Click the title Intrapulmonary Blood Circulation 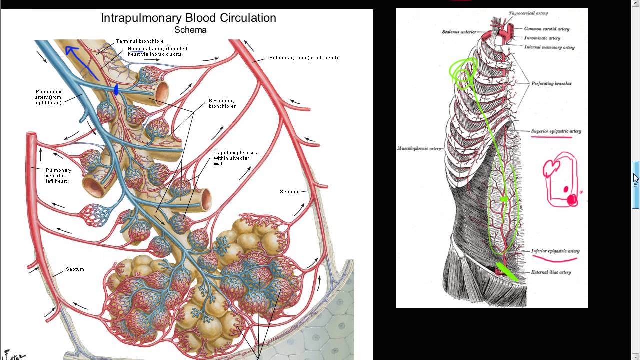point(188,18)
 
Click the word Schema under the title point(190,30)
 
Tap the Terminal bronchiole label point(140,41)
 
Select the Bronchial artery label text point(157,51)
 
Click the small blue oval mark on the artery point(116,90)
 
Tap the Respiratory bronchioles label point(222,104)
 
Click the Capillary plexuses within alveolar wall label point(235,158)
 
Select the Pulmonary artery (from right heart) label point(48,97)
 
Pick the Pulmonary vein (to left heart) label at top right point(303,58)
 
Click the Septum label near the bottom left point(75,269)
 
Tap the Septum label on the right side point(289,192)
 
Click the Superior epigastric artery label point(556,131)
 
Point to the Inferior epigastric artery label point(555,251)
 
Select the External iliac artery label point(551,272)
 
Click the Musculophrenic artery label point(419,148)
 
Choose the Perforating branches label point(551,83)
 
